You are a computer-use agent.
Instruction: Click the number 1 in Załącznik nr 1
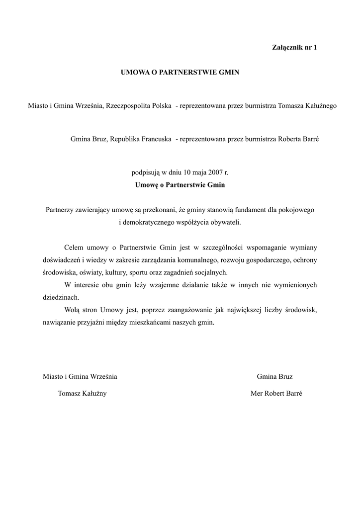tap(315, 48)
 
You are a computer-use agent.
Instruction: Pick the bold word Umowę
tap(146, 185)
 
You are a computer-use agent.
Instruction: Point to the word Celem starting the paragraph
tap(74, 247)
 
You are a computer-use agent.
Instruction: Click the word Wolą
tap(72, 310)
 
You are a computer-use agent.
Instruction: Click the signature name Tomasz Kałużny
tap(82, 393)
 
